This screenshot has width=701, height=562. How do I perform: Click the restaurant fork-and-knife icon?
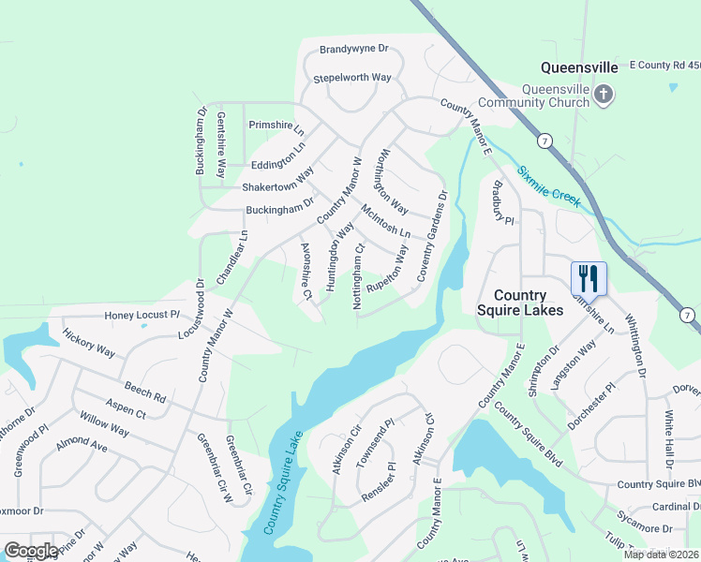[x=589, y=277]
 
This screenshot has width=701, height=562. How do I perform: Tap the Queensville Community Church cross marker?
[x=604, y=94]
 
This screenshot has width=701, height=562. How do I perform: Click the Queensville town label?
[x=579, y=67]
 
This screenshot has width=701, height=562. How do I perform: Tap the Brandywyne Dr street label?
[x=353, y=49]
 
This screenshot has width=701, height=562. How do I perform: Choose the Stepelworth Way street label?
[x=351, y=78]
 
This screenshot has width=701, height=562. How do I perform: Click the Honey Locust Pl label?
[x=142, y=315]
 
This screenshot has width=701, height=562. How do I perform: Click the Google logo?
[x=31, y=551]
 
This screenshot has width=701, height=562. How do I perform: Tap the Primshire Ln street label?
[x=276, y=125]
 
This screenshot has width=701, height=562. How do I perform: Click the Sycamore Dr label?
[x=642, y=517]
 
